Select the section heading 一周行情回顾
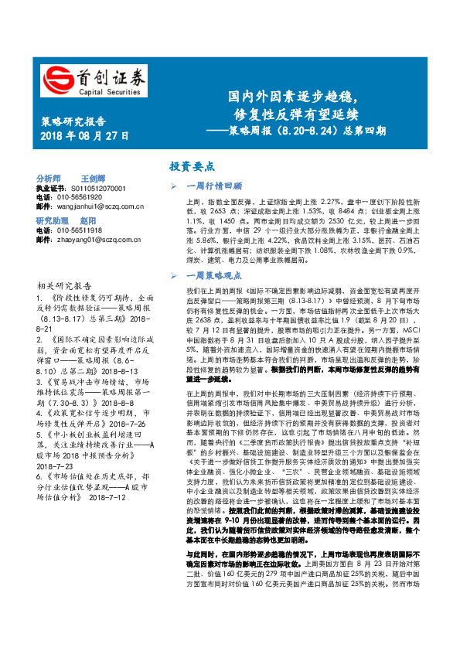(x=214, y=186)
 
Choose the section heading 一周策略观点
(x=214, y=275)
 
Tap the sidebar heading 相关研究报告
(x=65, y=285)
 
